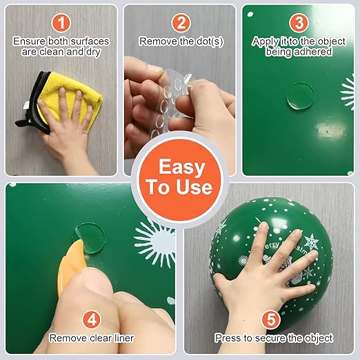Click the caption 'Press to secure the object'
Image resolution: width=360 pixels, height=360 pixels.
[x=274, y=339]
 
